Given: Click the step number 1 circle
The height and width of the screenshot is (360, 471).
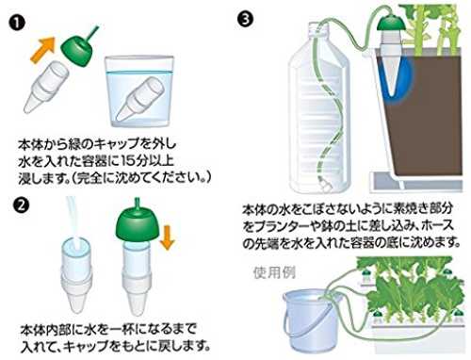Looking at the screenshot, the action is coord(17,24).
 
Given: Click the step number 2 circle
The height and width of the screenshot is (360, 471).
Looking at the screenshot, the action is coord(22,205).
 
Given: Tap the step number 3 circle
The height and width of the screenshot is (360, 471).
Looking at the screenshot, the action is coord(245,19).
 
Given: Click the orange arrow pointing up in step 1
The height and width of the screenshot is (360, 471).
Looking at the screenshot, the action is coord(42,50).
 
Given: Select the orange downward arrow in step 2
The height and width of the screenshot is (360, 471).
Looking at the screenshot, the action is coord(167,237).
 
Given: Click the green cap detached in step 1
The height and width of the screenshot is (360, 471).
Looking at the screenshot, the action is coord(77,49).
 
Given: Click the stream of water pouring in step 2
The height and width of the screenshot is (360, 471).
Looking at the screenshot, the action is coord(73,219).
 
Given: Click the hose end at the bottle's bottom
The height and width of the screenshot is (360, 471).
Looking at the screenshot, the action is coord(325,186).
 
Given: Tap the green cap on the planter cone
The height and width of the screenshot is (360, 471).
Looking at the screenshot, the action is coord(391,27).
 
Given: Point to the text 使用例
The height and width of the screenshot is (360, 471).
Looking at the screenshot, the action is coord(274,272).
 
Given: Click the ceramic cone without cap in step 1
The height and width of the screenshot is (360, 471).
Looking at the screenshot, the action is coord(46,86).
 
